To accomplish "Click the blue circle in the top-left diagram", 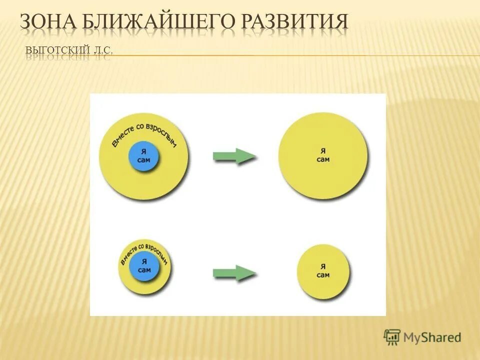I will click(x=143, y=156).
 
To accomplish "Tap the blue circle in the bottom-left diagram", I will click(x=144, y=266).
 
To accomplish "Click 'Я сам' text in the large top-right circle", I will click(x=323, y=155).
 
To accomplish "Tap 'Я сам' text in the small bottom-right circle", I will click(x=323, y=270).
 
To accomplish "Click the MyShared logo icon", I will click(x=392, y=337).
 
